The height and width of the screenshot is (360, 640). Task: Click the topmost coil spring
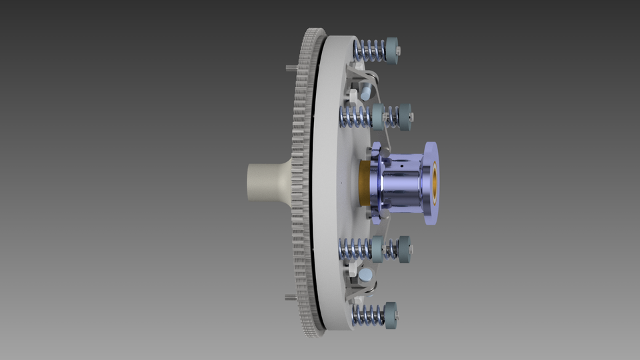(369, 49)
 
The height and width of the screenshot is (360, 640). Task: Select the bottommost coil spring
(368, 314)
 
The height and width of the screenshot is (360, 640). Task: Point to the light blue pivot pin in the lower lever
(365, 274)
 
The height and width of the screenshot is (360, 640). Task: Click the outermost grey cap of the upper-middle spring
(404, 117)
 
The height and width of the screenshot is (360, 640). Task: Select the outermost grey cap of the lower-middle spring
(404, 248)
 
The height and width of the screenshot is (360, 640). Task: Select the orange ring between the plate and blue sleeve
(364, 183)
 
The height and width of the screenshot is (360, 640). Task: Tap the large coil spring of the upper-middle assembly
(354, 117)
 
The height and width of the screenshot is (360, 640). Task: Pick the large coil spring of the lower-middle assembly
(354, 249)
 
